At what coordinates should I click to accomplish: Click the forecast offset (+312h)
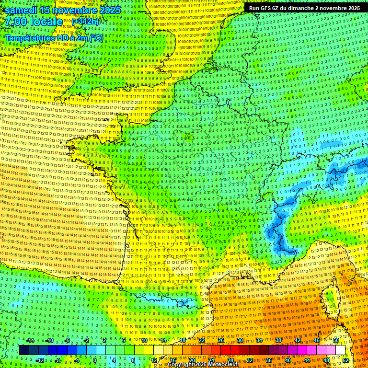(x=85, y=22)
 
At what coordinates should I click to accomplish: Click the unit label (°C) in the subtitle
(x=95, y=37)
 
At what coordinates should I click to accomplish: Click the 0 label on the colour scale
(x=95, y=360)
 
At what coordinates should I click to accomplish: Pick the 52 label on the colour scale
(x=345, y=360)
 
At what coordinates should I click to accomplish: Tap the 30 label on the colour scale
(x=240, y=340)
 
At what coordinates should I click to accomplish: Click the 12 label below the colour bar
(x=153, y=360)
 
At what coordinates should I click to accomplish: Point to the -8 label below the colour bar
(x=58, y=360)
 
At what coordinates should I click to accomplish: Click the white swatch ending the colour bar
(x=340, y=350)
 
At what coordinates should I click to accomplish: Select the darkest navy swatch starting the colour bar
(x=24, y=350)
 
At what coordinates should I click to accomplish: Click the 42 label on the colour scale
(x=297, y=340)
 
